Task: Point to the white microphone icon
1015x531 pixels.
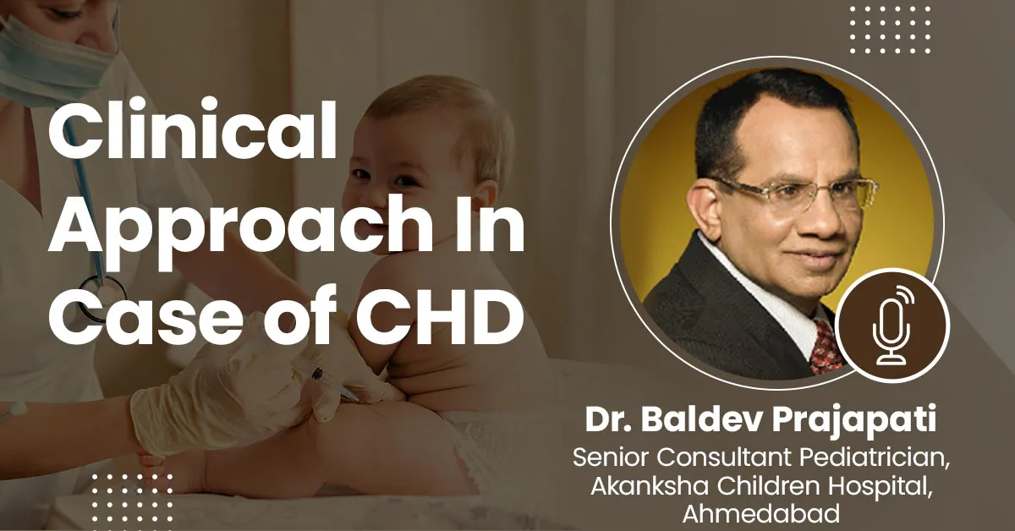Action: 892,326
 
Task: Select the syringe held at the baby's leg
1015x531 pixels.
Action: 335,385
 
